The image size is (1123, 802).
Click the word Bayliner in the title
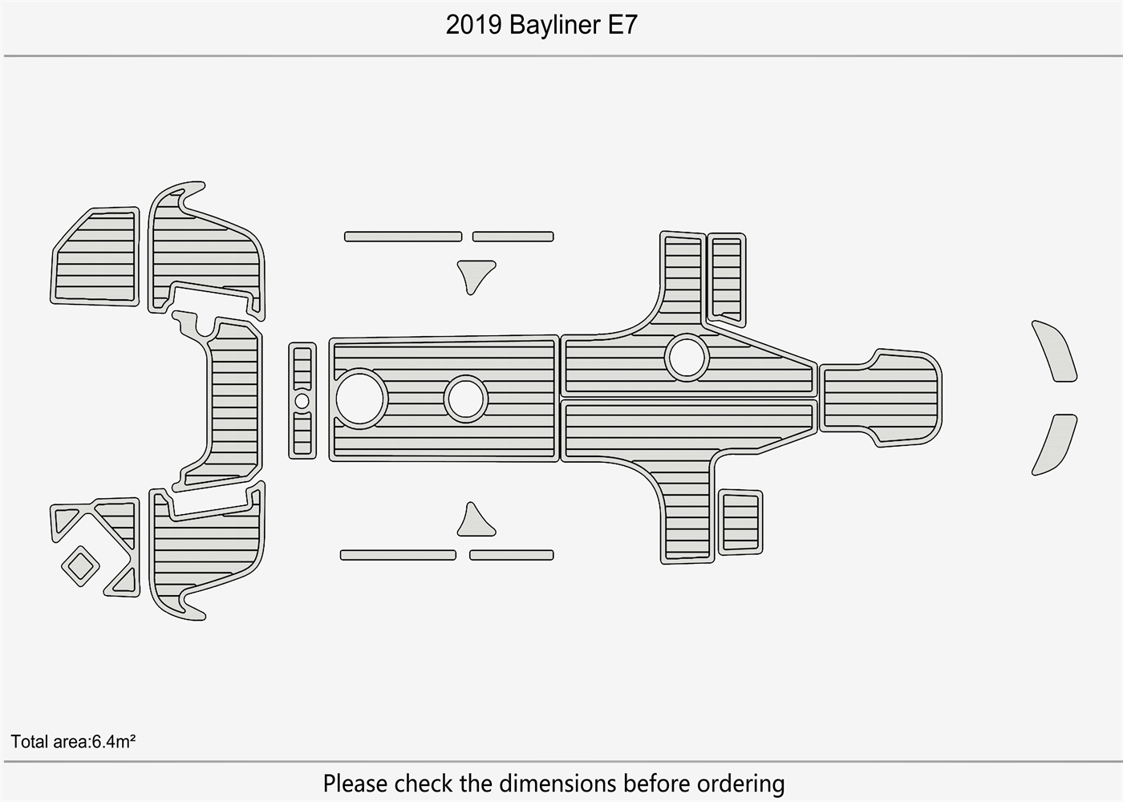click(554, 26)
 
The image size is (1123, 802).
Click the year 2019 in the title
click(474, 26)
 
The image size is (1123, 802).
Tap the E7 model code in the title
click(622, 26)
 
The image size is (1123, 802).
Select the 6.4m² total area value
click(113, 742)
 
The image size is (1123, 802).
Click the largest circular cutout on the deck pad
click(361, 398)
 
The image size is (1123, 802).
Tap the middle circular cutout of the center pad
click(466, 399)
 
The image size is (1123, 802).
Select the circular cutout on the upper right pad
click(687, 357)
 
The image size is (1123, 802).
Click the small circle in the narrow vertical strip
click(302, 400)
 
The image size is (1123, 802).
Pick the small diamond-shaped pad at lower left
click(80, 565)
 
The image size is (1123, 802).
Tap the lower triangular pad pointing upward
click(475, 522)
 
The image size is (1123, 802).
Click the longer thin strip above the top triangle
click(403, 237)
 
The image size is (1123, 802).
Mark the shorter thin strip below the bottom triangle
click(511, 555)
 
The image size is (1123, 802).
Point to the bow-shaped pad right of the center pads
click(881, 398)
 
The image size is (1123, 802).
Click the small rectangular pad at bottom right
click(740, 521)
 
